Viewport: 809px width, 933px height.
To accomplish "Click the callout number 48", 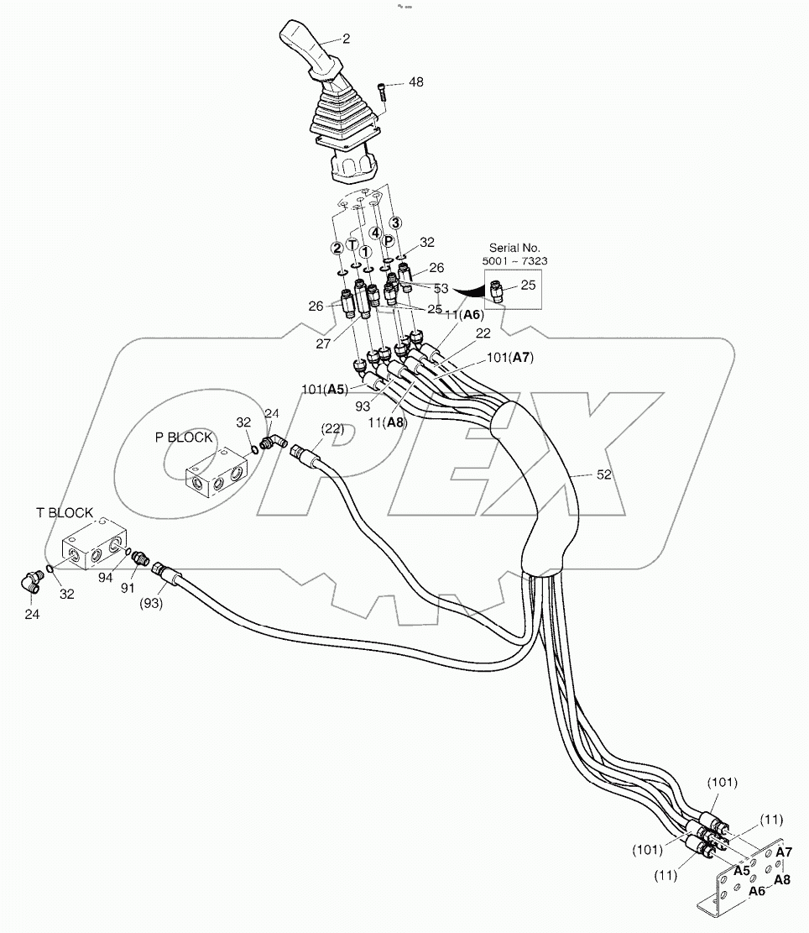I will coord(416,82).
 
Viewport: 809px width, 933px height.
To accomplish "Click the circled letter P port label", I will coord(389,240).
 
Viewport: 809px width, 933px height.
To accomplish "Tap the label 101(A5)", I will coord(326,389).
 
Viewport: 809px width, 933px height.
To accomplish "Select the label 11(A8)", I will coord(388,423).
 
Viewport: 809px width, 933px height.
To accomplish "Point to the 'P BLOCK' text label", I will coord(184,438).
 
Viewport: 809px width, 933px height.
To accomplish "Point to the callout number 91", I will coord(128,589).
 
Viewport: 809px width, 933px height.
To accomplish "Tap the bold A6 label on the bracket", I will coord(757,890).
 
